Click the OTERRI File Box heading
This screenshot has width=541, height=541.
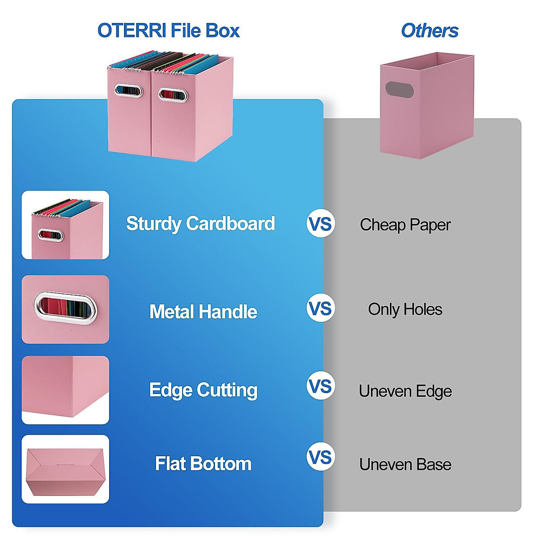point(168,31)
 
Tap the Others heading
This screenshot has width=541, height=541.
point(429,31)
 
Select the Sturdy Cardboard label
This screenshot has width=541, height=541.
point(200,224)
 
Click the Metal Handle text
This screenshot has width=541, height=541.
point(203,312)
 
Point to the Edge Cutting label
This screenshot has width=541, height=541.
point(203,390)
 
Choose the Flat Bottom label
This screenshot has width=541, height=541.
point(203,463)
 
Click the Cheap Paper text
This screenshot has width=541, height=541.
point(405,225)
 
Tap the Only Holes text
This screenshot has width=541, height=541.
point(405,309)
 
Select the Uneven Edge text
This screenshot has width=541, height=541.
point(405,391)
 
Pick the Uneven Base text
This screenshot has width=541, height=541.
point(405,464)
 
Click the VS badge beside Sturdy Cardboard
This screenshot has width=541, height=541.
point(321,224)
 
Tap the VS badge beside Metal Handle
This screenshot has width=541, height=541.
point(321,308)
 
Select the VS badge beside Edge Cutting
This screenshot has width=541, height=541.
point(321,386)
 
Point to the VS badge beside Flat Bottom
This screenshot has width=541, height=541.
point(321,457)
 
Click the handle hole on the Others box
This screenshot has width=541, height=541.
point(399,90)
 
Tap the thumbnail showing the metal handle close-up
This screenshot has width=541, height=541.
point(65,309)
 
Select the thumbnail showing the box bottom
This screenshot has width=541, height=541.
point(65,469)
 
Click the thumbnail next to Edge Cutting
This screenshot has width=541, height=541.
point(65,390)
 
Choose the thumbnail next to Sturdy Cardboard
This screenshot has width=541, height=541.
point(65,225)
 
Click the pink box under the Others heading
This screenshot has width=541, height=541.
point(426,113)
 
